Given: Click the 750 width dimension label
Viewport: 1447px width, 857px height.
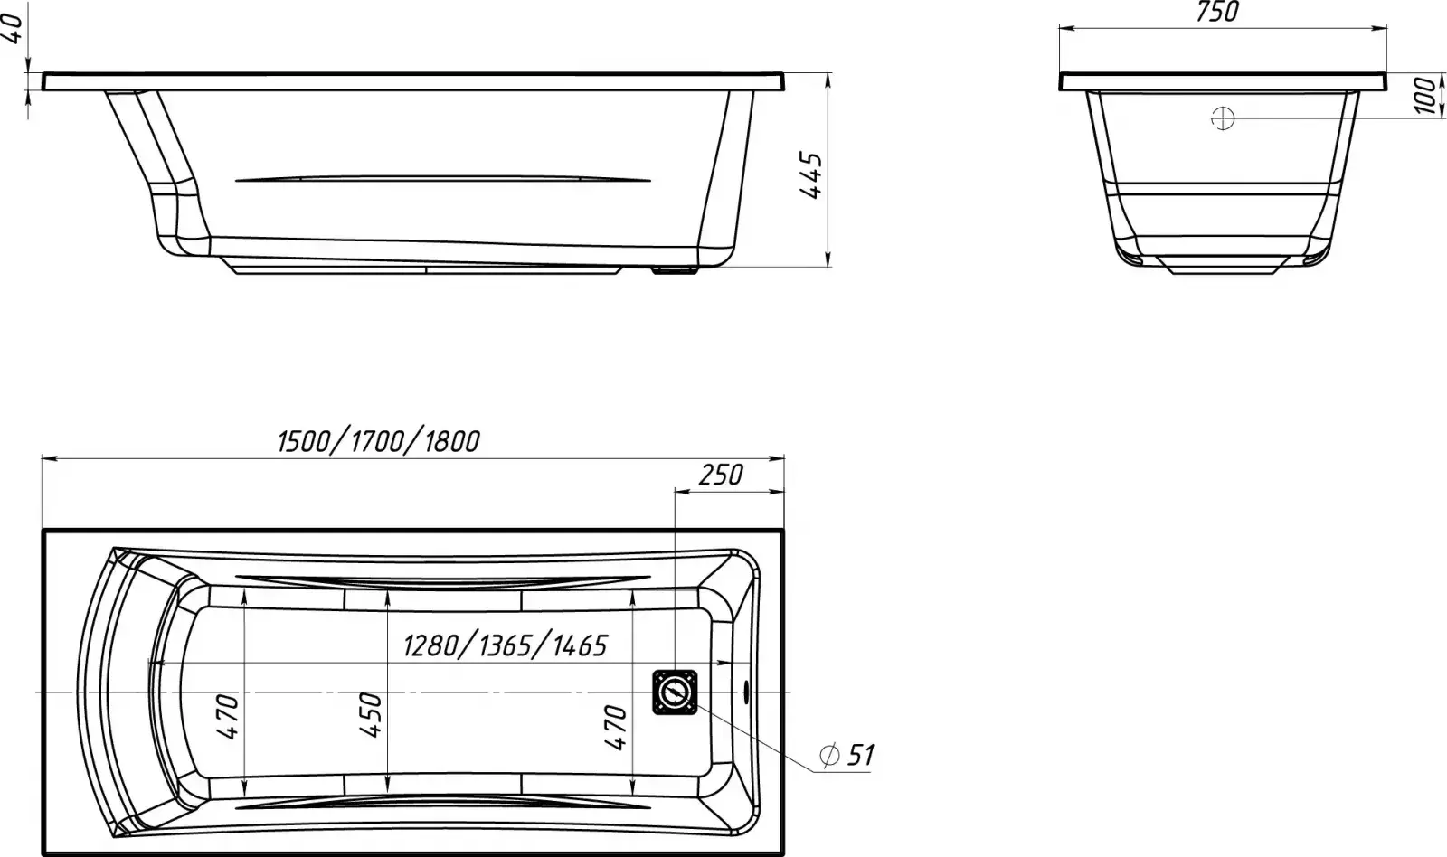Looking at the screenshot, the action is click(x=1217, y=13).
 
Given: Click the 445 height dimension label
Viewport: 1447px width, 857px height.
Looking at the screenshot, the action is click(x=810, y=175).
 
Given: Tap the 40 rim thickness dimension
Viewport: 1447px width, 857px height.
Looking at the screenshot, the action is click(x=13, y=29).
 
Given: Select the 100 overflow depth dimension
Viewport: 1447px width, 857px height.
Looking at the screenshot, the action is click(x=1426, y=95).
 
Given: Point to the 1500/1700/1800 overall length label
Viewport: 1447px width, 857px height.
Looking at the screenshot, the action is click(x=379, y=442).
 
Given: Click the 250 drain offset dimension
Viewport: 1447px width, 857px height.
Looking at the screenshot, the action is click(x=721, y=476).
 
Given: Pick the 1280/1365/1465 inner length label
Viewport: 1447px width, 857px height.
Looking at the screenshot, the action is click(x=506, y=645).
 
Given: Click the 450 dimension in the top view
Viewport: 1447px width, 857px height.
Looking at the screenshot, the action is click(x=370, y=714).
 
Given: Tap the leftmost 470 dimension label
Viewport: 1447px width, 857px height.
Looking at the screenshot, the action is click(x=227, y=717).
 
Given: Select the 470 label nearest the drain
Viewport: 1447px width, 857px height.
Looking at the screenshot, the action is click(x=616, y=728).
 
